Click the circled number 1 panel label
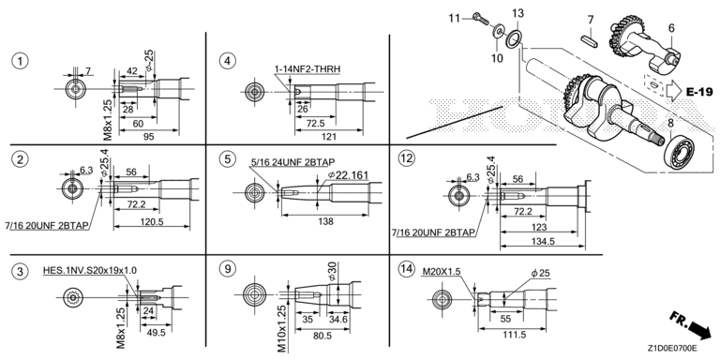[20, 61]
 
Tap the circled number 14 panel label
[405, 269]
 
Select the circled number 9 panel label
[227, 269]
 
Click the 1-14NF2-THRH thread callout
[307, 68]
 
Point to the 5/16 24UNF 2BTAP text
[292, 162]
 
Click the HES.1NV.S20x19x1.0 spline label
[90, 270]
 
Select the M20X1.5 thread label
[441, 272]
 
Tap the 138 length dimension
[325, 221]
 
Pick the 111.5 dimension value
[514, 335]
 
